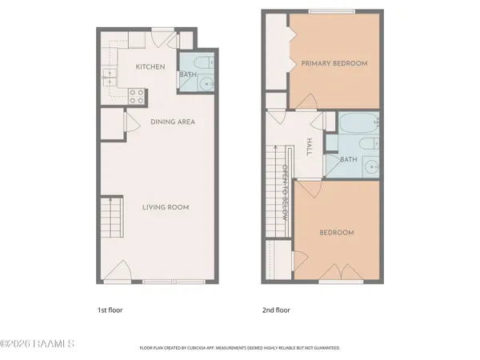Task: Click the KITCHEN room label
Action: pyautogui.click(x=150, y=66)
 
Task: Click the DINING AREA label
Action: pyautogui.click(x=173, y=122)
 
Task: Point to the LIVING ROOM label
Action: pyautogui.click(x=166, y=207)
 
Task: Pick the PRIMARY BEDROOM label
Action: pyautogui.click(x=334, y=63)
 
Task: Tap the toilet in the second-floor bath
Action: pyautogui.click(x=366, y=145)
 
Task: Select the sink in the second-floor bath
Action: pyautogui.click(x=371, y=167)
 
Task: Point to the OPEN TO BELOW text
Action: pyautogui.click(x=284, y=193)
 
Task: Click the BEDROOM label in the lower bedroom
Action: pyautogui.click(x=337, y=233)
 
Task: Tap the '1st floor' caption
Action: pyautogui.click(x=110, y=309)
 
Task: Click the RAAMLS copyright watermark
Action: pyautogui.click(x=38, y=344)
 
